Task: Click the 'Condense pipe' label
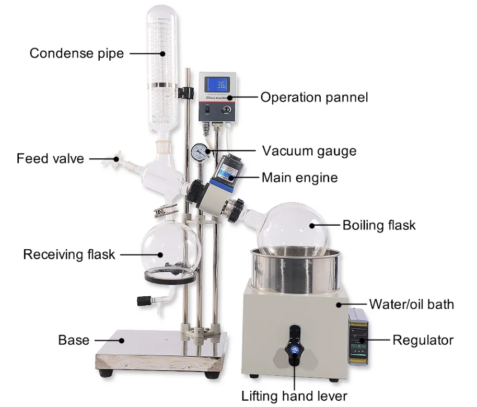click(76, 53)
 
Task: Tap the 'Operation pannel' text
click(314, 97)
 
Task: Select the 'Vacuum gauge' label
click(309, 151)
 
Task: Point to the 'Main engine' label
click(299, 178)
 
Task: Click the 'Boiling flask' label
click(379, 225)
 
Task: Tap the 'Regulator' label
click(423, 340)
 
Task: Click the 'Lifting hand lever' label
click(294, 396)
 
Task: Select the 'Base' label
click(74, 340)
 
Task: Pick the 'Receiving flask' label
click(69, 254)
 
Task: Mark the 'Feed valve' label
click(50, 158)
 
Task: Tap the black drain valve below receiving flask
click(143, 301)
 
